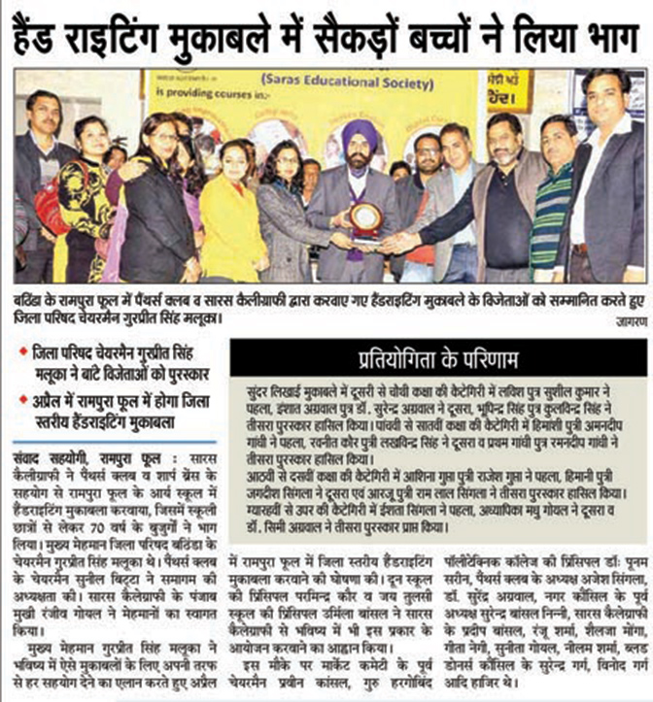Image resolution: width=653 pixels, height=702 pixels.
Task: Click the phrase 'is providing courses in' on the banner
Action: click(195, 97)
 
